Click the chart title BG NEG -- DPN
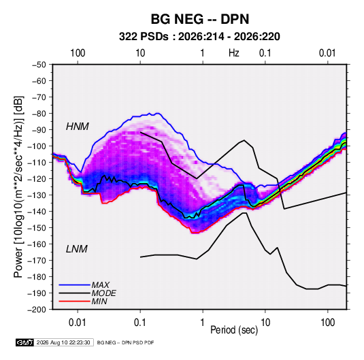click(x=200, y=19)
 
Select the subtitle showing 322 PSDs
click(x=199, y=37)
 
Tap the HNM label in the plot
click(x=78, y=127)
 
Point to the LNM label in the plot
click(x=77, y=249)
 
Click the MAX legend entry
click(x=100, y=285)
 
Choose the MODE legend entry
click(x=104, y=293)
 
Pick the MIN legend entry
click(x=99, y=301)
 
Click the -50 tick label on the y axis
click(x=39, y=65)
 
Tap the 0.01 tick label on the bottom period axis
click(x=78, y=323)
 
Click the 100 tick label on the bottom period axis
click(x=327, y=323)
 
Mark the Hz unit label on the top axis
click(x=234, y=53)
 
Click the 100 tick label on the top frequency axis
click(x=78, y=53)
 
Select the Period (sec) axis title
click(x=234, y=330)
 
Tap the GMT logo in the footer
click(x=24, y=342)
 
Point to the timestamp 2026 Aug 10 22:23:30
click(x=63, y=342)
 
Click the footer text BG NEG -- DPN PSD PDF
click(x=125, y=342)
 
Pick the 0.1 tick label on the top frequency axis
click(x=265, y=53)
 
